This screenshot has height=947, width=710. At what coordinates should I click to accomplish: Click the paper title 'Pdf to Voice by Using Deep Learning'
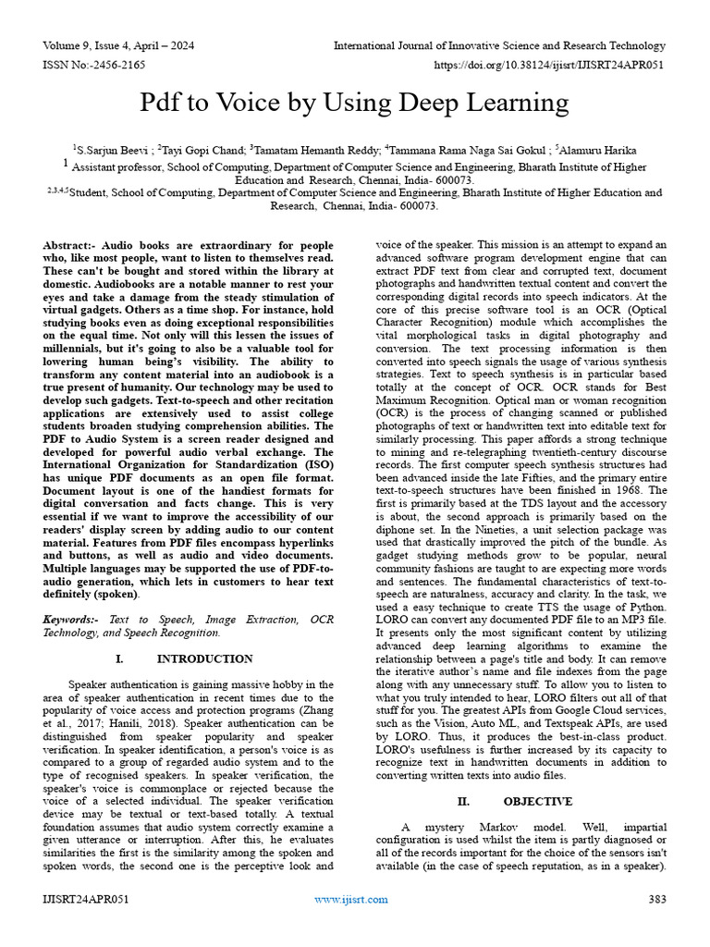click(x=354, y=102)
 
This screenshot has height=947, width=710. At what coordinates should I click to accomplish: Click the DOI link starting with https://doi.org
click(x=549, y=67)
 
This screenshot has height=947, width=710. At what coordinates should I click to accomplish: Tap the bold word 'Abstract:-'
click(x=72, y=244)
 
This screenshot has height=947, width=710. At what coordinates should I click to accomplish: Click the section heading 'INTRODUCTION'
click(x=204, y=658)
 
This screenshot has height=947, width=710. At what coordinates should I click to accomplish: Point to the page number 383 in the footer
click(x=656, y=899)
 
